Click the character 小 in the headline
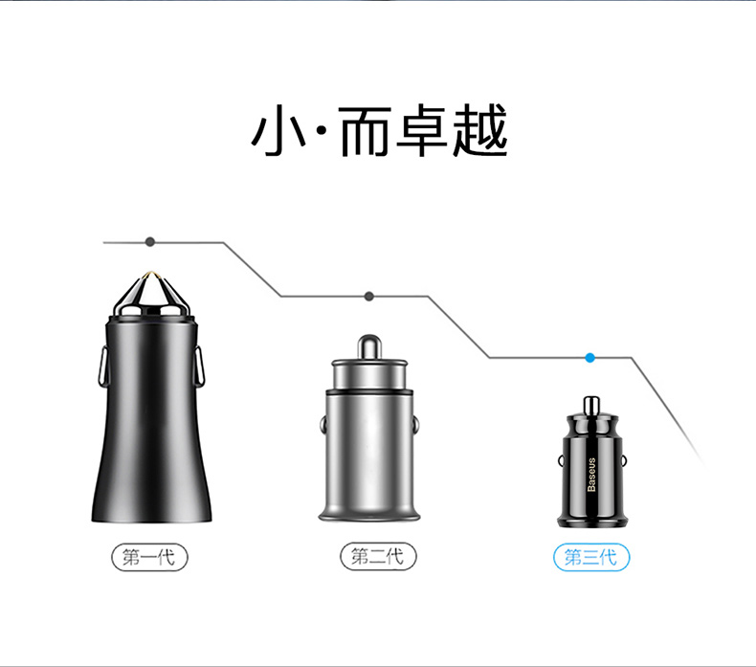(278, 130)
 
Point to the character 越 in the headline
(480, 130)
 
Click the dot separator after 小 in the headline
(322, 131)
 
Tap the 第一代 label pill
(149, 558)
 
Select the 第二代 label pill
(378, 557)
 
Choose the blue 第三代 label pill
(591, 558)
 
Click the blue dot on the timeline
(589, 358)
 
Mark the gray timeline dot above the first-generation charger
(150, 241)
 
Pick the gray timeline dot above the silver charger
(369, 296)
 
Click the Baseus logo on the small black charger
(591, 475)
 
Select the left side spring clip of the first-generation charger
(101, 366)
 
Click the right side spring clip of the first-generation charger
(200, 366)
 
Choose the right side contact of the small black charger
(624, 461)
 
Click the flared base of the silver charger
(369, 512)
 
